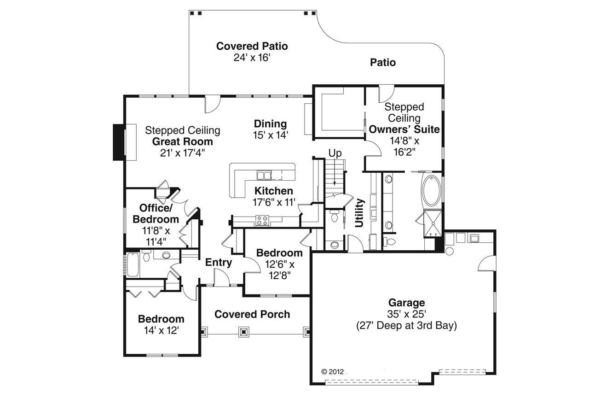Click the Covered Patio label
click(x=252, y=46)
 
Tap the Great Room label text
click(x=183, y=142)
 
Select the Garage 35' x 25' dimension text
click(x=406, y=315)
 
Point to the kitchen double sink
click(x=264, y=175)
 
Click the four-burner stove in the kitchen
click(x=262, y=221)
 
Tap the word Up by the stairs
click(x=335, y=153)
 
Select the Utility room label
click(x=360, y=212)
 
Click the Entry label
click(x=219, y=263)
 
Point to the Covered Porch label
click(x=252, y=314)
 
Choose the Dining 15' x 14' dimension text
click(x=270, y=135)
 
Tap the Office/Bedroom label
click(x=159, y=213)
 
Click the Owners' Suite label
click(x=404, y=129)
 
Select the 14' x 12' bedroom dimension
click(x=161, y=330)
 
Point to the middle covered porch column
click(x=244, y=332)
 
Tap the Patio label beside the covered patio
click(x=383, y=62)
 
